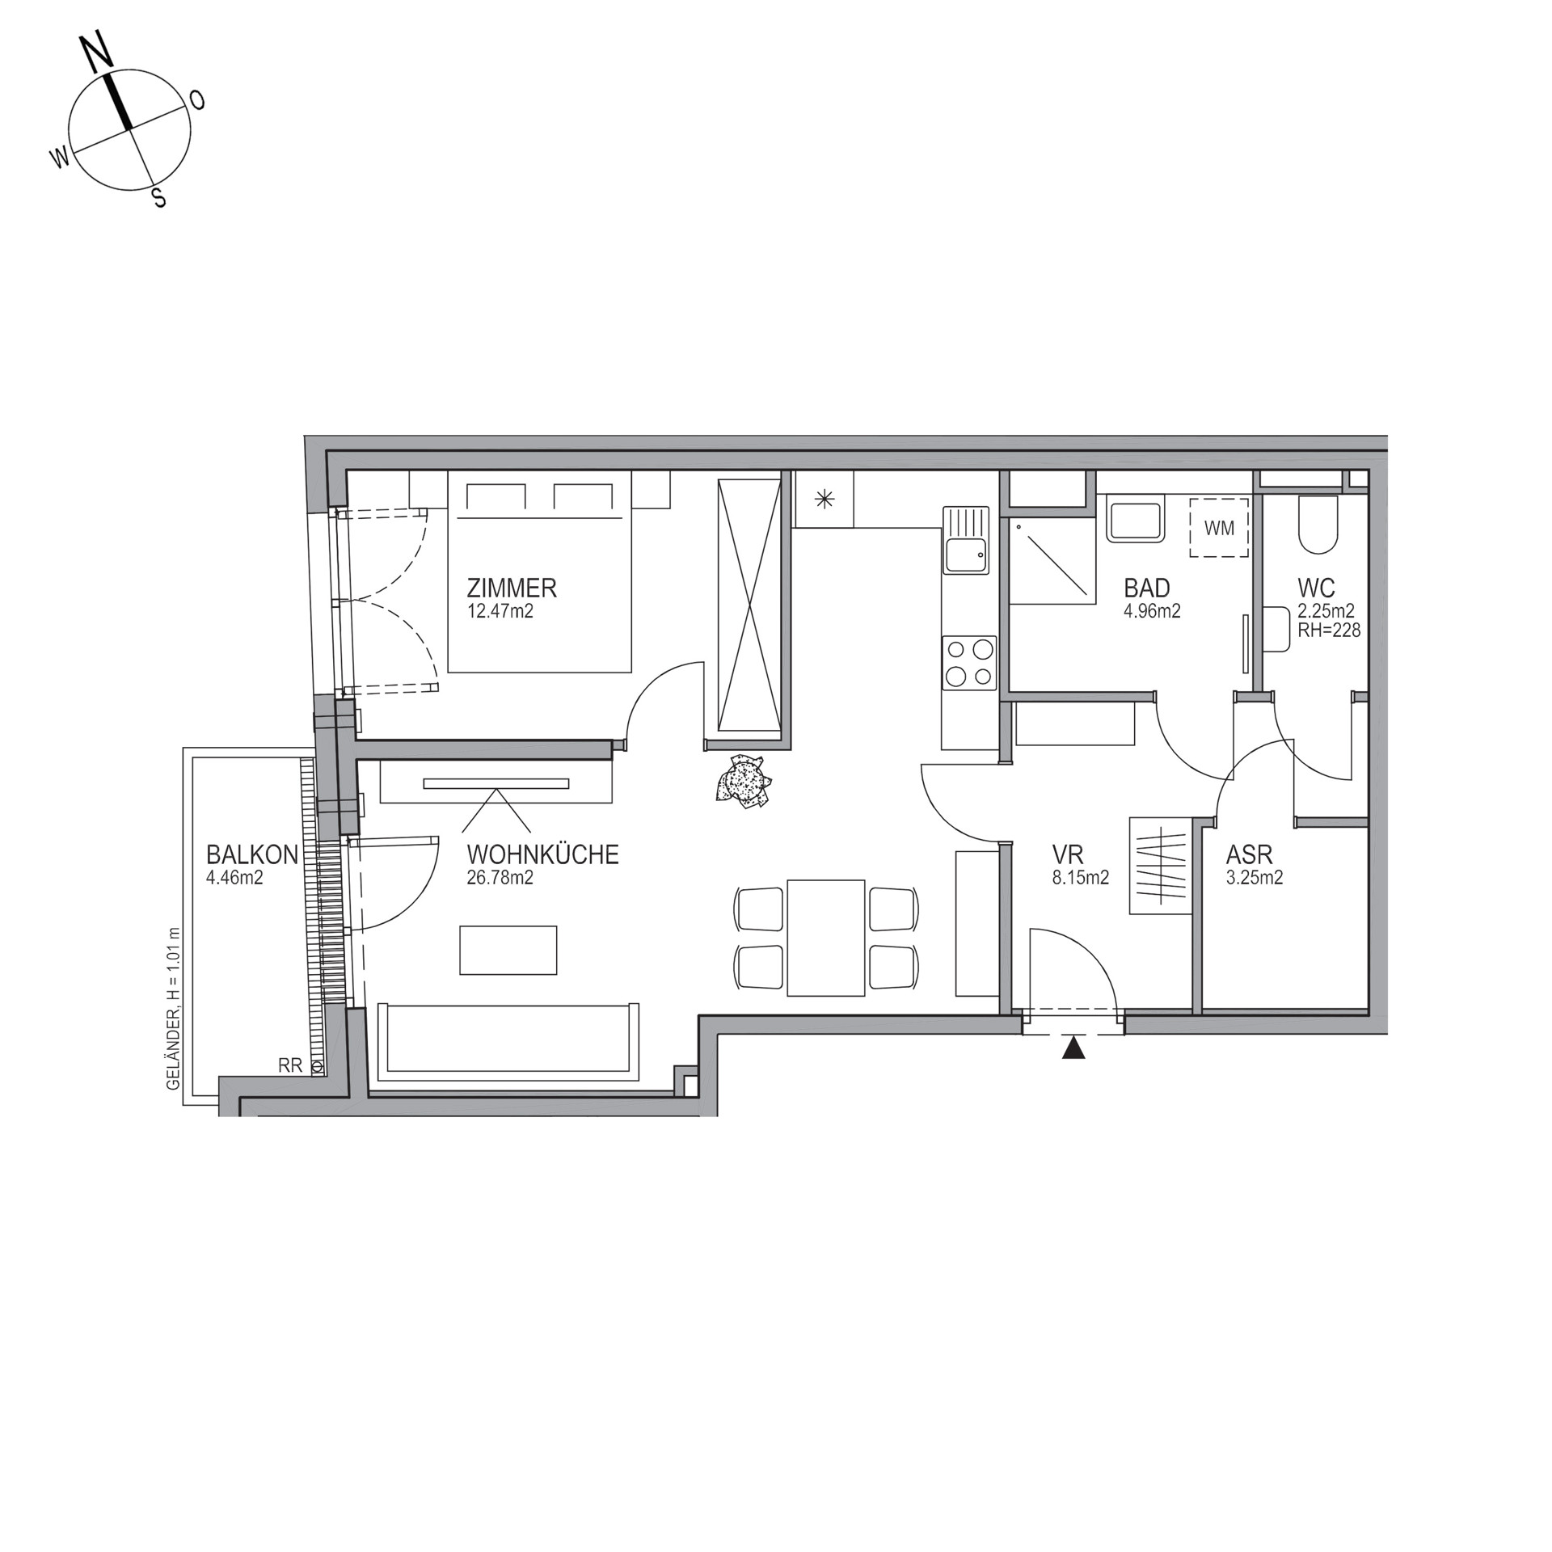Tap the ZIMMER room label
[x=512, y=588]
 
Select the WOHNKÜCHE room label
[x=542, y=854]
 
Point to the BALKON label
[x=252, y=854]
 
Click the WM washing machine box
[x=1219, y=527]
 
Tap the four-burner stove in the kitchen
[x=969, y=663]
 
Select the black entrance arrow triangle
[x=1073, y=1048]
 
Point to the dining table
[x=826, y=938]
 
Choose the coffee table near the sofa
[x=508, y=950]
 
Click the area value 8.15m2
[x=1080, y=878]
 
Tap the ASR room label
[x=1250, y=854]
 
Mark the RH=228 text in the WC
[x=1329, y=630]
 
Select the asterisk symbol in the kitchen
[x=824, y=500]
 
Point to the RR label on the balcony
[x=290, y=1065]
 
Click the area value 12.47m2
[x=500, y=611]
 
